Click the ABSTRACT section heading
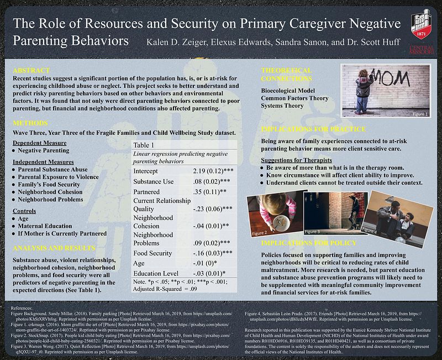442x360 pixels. click(x=31, y=71)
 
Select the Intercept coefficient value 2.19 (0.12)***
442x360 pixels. click(x=217, y=171)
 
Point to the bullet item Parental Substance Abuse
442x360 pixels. click(x=52, y=169)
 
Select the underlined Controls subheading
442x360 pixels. click(x=25, y=211)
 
